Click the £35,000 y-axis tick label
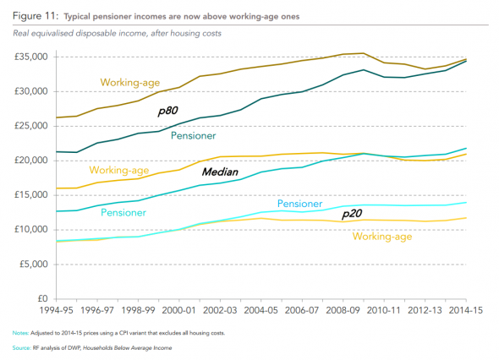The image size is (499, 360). click(30, 57)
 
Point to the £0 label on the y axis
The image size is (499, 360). click(42, 298)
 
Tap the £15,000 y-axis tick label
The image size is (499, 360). click(30, 195)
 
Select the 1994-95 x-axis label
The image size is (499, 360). click(57, 310)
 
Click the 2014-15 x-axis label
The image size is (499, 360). click(465, 310)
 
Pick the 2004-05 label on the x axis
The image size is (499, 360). click(261, 310)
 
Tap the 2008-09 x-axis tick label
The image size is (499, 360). click(343, 310)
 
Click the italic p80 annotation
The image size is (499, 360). click(167, 112)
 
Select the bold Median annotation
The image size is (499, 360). click(220, 172)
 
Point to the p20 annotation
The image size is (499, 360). click(352, 214)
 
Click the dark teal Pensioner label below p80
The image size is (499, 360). click(193, 136)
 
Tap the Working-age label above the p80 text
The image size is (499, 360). click(130, 83)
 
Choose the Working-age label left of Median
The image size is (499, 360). click(119, 170)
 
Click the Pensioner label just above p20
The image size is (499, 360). click(299, 204)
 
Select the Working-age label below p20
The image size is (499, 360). click(382, 237)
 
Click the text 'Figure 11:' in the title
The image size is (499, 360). click(36, 16)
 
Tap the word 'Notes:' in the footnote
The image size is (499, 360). click(20, 333)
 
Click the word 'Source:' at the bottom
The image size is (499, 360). click(21, 347)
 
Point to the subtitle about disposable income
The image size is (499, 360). click(117, 34)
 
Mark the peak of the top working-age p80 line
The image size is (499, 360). click(363, 53)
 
